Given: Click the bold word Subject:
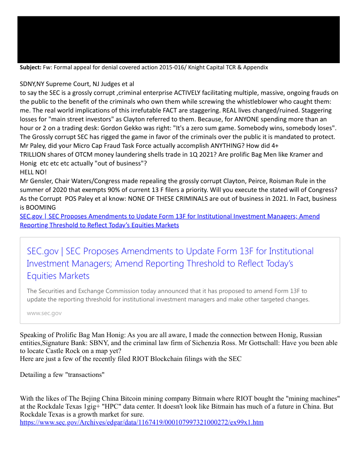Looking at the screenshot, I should [30, 68].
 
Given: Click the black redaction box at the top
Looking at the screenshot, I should [178, 40].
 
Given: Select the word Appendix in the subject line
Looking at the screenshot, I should [254, 68].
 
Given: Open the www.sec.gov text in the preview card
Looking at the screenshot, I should [44, 313].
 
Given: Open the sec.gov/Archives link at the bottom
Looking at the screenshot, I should [142, 423].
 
